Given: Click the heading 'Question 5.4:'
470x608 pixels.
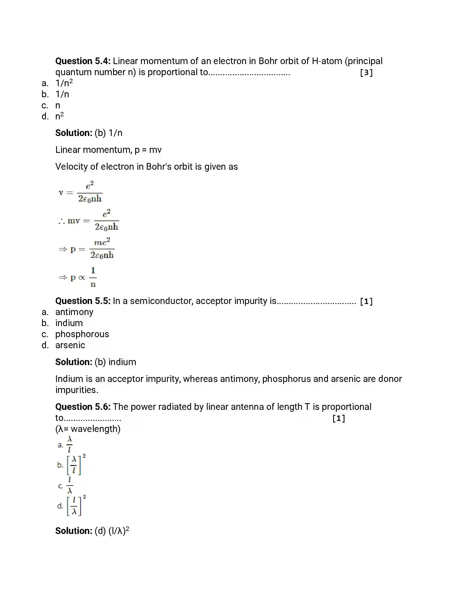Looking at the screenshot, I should (x=83, y=61).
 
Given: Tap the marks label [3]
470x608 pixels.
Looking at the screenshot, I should (x=366, y=73).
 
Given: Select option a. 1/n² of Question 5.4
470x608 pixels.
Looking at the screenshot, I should (x=64, y=83).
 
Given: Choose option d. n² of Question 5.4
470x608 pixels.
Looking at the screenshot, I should (x=59, y=116).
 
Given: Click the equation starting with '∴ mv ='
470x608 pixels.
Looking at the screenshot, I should (x=88, y=221).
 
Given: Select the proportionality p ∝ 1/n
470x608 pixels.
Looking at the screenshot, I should (x=78, y=277).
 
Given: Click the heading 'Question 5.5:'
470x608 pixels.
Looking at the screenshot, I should (x=83, y=301).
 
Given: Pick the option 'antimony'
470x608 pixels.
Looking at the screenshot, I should (x=74, y=312).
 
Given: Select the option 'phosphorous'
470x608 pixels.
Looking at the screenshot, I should (x=82, y=334).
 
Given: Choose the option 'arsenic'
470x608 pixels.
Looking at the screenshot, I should (x=70, y=345).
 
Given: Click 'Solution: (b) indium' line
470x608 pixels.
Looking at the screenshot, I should (x=95, y=362).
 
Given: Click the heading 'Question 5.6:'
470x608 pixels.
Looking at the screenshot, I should (x=83, y=407).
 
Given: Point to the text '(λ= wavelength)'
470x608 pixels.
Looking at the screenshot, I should (x=88, y=429).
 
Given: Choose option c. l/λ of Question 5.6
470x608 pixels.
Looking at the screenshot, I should (x=69, y=486).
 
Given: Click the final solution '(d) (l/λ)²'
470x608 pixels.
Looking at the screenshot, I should (x=112, y=531).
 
